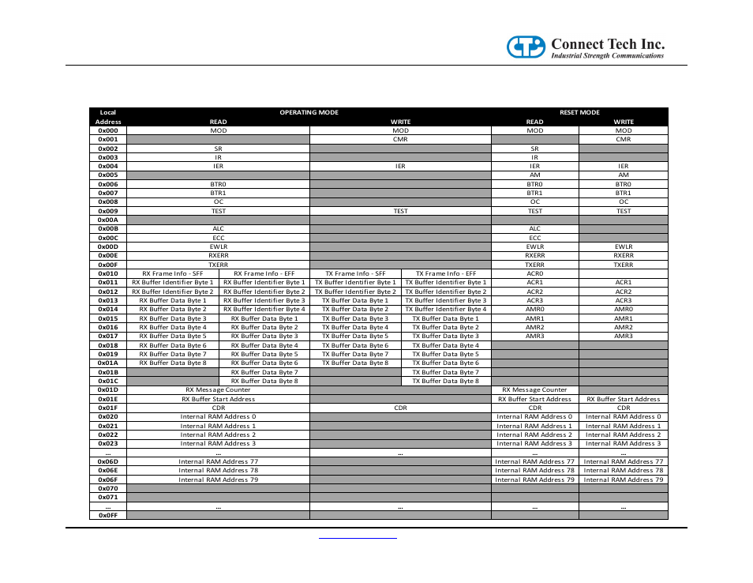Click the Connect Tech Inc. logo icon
pos(525,47)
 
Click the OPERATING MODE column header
pos(309,112)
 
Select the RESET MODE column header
pos(579,112)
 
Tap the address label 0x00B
pos(108,228)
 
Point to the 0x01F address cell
pos(108,408)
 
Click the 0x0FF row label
pos(108,515)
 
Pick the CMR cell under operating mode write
pos(400,139)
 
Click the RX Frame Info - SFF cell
pos(173,273)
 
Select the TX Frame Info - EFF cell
pos(446,273)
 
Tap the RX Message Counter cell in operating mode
pos(218,389)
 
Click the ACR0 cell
pos(535,273)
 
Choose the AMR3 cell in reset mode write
pos(624,336)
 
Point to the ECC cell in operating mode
pos(218,237)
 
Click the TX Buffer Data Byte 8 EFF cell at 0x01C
pos(446,381)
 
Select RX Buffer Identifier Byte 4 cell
pos(264,309)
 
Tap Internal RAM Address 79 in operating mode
pos(218,480)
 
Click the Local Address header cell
pos(108,117)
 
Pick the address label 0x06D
pos(108,461)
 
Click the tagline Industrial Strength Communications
pos(607,56)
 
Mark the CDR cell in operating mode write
pos(400,408)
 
